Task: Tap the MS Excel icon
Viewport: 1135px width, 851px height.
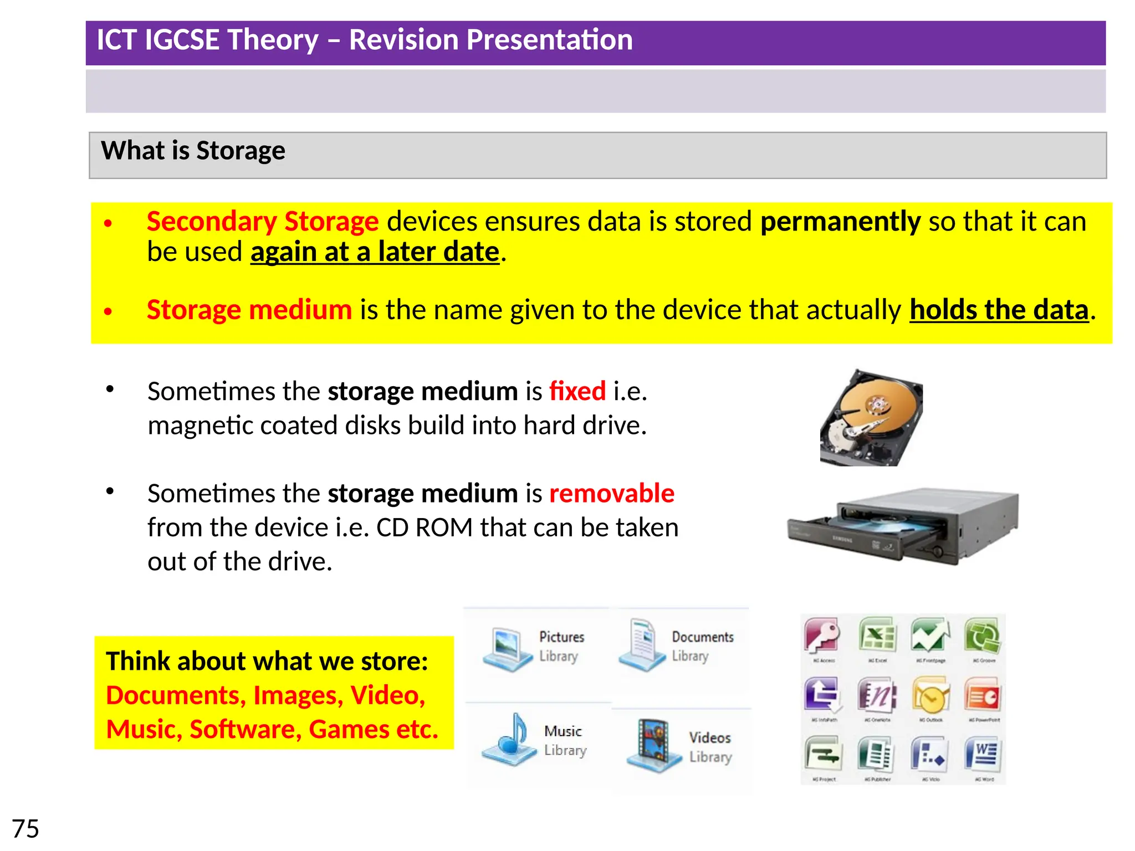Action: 877,635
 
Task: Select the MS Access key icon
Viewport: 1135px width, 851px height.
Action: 822,635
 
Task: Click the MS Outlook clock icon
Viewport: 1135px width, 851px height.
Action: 931,696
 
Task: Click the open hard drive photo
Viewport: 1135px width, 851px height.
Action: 872,418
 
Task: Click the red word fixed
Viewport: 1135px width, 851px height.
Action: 577,391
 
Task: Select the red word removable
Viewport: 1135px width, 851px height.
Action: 611,493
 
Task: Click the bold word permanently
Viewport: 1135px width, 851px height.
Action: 840,222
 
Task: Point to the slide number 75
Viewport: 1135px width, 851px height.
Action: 25,829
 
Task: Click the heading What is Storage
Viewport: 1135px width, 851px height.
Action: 193,151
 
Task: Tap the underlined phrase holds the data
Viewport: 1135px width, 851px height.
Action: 999,310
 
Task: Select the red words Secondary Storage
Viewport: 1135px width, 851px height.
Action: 263,222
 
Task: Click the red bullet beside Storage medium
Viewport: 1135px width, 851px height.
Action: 108,311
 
